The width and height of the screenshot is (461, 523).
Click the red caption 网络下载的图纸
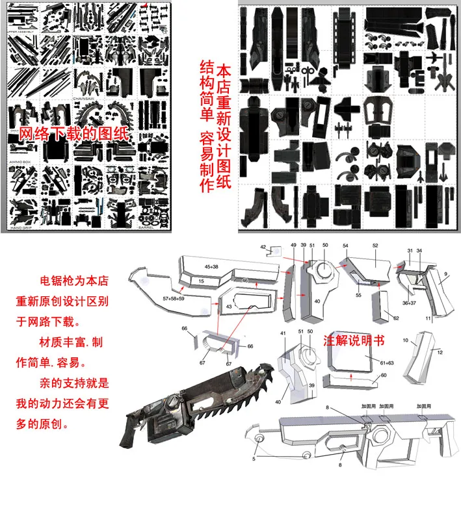coord(72,134)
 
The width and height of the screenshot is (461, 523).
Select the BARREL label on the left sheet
coord(146,228)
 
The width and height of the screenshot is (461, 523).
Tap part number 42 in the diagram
coord(263,248)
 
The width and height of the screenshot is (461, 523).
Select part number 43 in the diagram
coord(228,306)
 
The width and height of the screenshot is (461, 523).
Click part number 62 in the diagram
coord(396,318)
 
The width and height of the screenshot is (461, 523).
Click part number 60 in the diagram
coord(384,376)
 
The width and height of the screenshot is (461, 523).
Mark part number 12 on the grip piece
coord(440,351)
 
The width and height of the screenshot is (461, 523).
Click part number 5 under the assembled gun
coord(254,459)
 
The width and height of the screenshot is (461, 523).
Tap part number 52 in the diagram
coord(375,246)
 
